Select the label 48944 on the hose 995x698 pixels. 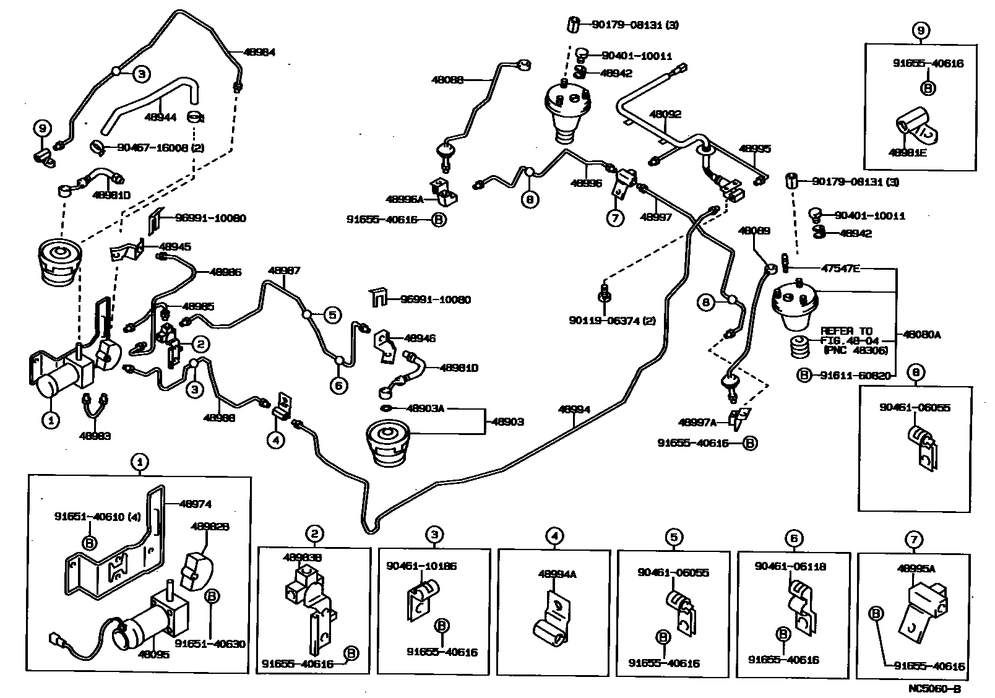pyautogui.click(x=160, y=116)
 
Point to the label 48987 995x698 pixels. pyautogui.click(x=284, y=270)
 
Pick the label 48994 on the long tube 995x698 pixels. pyautogui.click(x=574, y=409)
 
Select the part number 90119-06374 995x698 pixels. pyautogui.click(x=606, y=320)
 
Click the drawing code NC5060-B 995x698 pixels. pyautogui.click(x=934, y=688)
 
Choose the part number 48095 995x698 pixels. pyautogui.click(x=153, y=654)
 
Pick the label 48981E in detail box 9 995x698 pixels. pyautogui.click(x=908, y=152)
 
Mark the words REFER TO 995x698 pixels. pyautogui.click(x=846, y=331)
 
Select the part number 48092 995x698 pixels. pyautogui.click(x=665, y=114)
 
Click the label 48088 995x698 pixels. pyautogui.click(x=448, y=79)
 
